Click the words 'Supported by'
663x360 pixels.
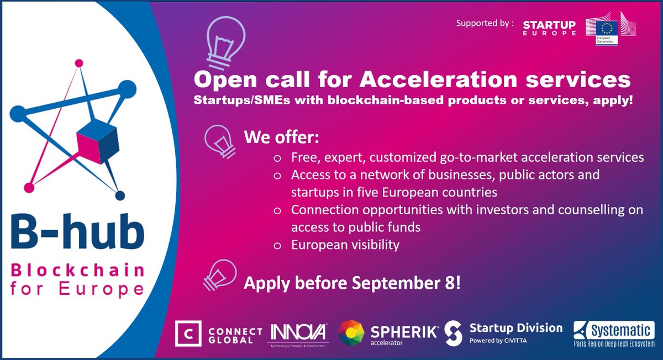coord(485,24)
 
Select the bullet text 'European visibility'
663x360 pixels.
coord(345,245)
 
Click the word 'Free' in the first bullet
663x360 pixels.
coord(302,157)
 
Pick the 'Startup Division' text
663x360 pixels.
coord(515,328)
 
